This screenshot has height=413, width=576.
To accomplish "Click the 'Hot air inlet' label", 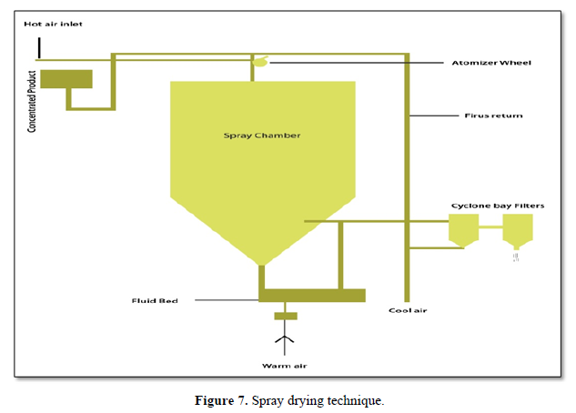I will [x=54, y=24].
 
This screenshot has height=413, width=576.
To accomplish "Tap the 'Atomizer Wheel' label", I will [x=491, y=63].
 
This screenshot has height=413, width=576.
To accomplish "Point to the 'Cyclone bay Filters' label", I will [x=498, y=206].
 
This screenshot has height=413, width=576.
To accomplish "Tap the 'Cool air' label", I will [x=408, y=311].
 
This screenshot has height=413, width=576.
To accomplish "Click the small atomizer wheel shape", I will [x=260, y=62].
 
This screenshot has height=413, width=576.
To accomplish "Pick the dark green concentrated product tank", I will [x=66, y=80].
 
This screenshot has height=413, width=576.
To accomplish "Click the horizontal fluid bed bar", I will [x=311, y=295].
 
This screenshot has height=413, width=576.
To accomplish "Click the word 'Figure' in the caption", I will [x=213, y=401].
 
